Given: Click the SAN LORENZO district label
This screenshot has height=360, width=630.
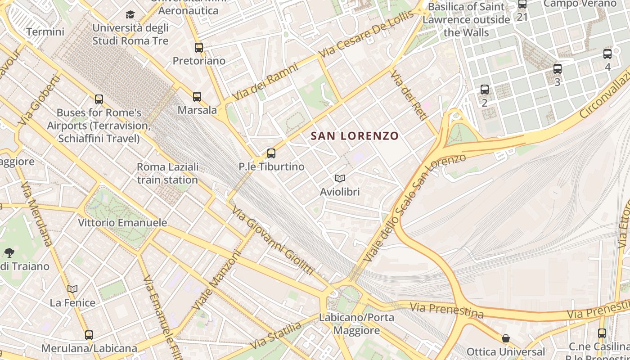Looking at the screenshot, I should pos(355,136).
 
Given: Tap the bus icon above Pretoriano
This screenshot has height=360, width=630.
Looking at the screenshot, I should pos(199,47).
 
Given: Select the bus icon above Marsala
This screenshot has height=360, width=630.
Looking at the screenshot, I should pos(197,96).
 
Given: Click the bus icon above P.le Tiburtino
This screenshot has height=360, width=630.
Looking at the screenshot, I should pos(271,153).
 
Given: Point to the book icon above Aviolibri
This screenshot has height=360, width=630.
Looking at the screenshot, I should pos(340,179).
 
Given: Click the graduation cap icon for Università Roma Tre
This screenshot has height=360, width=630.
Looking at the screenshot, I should pos(130,15).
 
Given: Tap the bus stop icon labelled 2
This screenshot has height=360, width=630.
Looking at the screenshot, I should pos(485,90).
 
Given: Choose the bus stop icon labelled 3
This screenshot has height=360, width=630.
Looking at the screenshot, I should pos(558,69).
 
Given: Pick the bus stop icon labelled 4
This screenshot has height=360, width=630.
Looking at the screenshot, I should pos(607,54).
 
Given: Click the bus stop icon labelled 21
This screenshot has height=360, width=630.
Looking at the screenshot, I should pos(522,4).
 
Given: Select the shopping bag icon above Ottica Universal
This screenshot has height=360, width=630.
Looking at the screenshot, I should pos(506,338).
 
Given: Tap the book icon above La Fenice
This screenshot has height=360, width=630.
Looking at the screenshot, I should pos(72,289).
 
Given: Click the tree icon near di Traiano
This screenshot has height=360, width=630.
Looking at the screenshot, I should pos(9,253).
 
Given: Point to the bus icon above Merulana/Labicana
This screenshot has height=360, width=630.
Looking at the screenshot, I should pos(89,335).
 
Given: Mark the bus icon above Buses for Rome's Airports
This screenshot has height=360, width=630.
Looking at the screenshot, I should pos(99,99).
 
